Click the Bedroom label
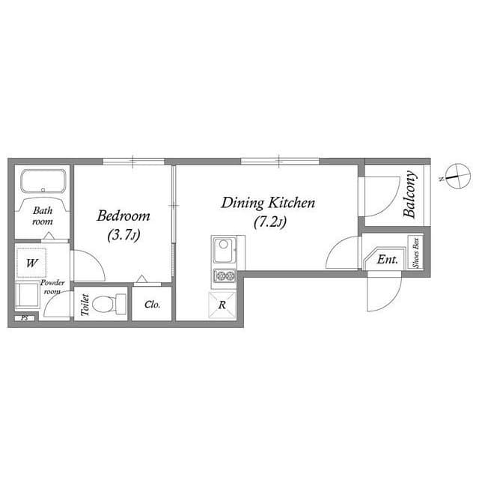coord(123,216)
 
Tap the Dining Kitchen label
coord(267,203)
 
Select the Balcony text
coord(410,195)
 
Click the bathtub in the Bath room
coord(43,183)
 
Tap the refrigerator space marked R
coord(223,305)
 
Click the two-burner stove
coord(224,277)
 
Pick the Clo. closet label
coord(152,305)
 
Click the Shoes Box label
coord(416,253)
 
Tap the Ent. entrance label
coord(388,260)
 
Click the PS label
coord(24,318)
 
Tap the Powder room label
coord(52,287)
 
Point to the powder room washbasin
coord(28,295)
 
